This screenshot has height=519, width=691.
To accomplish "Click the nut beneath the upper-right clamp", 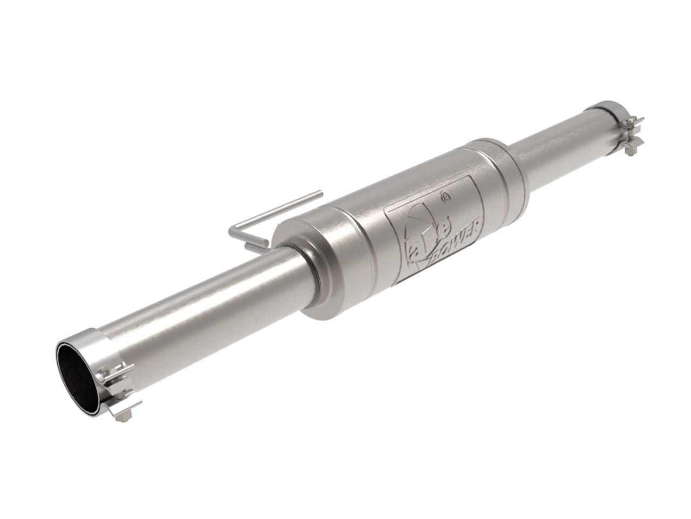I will (631, 153).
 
